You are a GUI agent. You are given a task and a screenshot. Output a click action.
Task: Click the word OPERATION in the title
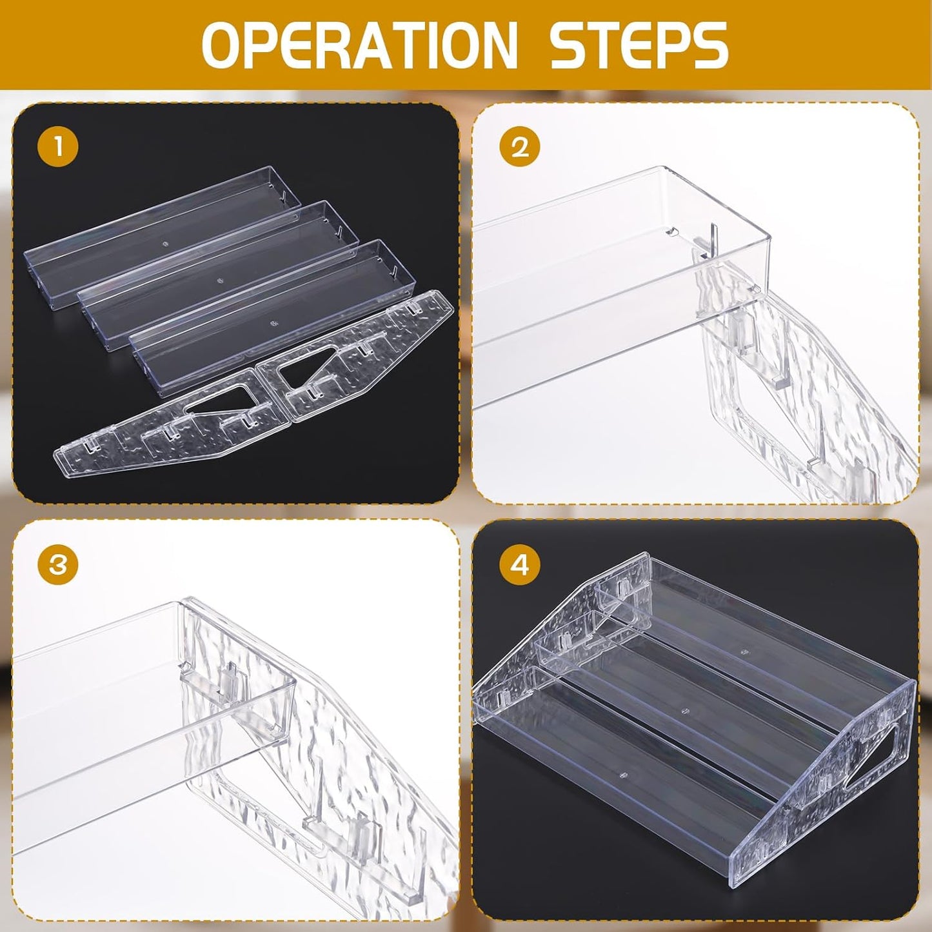[x=359, y=48]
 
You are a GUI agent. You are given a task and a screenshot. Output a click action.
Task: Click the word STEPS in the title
[x=639, y=48]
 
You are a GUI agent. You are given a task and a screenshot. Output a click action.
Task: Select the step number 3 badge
[x=57, y=564]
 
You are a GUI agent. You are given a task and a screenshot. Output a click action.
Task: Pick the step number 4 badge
[x=519, y=564]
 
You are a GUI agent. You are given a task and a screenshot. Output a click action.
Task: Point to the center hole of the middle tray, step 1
[x=221, y=280]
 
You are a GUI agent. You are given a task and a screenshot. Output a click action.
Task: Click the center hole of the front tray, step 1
[x=273, y=322]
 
